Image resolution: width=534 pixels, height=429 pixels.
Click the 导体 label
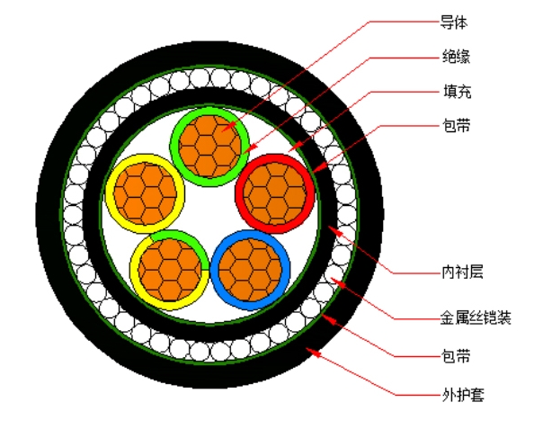[x=454, y=22]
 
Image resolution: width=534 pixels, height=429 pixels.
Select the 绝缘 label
[x=456, y=57]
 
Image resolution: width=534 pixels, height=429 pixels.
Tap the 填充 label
[x=457, y=92]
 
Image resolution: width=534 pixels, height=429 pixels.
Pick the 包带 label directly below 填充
[x=457, y=126]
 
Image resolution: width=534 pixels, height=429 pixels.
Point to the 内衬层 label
[x=462, y=273]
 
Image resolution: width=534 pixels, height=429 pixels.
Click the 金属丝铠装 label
[x=476, y=317]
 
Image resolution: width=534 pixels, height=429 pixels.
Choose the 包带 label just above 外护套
[x=456, y=356]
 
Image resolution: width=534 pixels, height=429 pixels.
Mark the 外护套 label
[x=463, y=395]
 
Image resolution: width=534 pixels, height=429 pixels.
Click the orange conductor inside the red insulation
[x=275, y=193]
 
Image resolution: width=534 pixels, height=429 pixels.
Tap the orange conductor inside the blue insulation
[x=250, y=270]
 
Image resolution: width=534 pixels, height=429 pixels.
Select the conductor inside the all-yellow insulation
[x=145, y=193]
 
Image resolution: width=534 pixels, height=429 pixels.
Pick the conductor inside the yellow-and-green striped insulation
[x=170, y=270]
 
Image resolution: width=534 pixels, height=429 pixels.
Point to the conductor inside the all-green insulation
[x=209, y=147]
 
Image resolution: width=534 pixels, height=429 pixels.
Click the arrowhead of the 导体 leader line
[x=229, y=127]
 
